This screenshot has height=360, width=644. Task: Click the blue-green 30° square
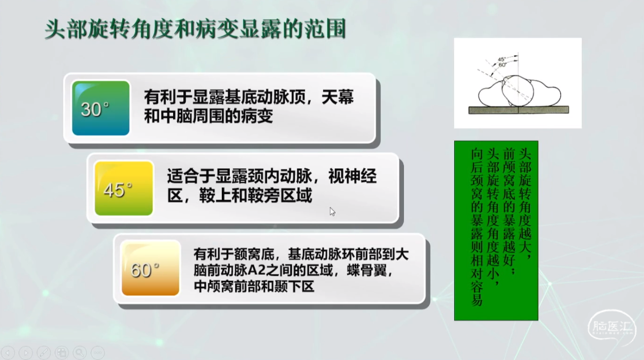tap(100, 108)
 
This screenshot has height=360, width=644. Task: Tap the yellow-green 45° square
tap(124, 188)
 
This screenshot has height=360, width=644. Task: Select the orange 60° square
tap(151, 268)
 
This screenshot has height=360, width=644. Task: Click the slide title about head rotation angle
tap(195, 29)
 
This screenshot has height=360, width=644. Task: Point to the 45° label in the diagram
tap(502, 59)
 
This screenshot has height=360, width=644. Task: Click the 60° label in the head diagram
tap(502, 64)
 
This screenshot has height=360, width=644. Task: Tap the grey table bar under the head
tap(519, 110)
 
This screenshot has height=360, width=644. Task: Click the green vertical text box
tap(496, 231)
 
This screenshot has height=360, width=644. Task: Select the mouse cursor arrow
tap(332, 212)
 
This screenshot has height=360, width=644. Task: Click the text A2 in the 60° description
tap(254, 270)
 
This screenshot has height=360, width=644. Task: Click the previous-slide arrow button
tap(8, 352)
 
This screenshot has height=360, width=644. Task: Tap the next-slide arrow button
tap(25, 352)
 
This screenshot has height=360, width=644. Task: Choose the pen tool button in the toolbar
tap(44, 352)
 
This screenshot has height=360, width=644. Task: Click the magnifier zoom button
tap(80, 352)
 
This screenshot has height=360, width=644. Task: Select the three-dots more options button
tap(98, 352)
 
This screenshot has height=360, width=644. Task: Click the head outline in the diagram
tap(518, 91)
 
